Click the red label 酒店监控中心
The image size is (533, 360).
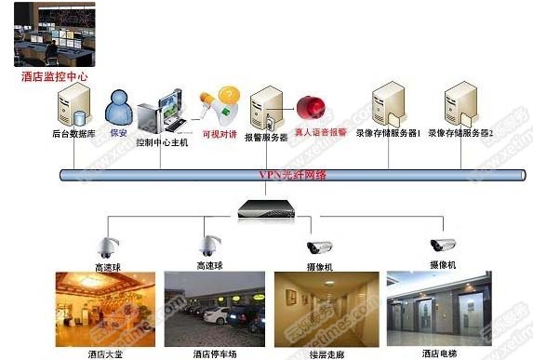point(54,77)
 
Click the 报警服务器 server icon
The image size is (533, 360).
point(267,109)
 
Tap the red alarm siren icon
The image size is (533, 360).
point(308,109)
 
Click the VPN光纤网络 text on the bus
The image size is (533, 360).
point(292,174)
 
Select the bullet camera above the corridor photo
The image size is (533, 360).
point(320,247)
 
